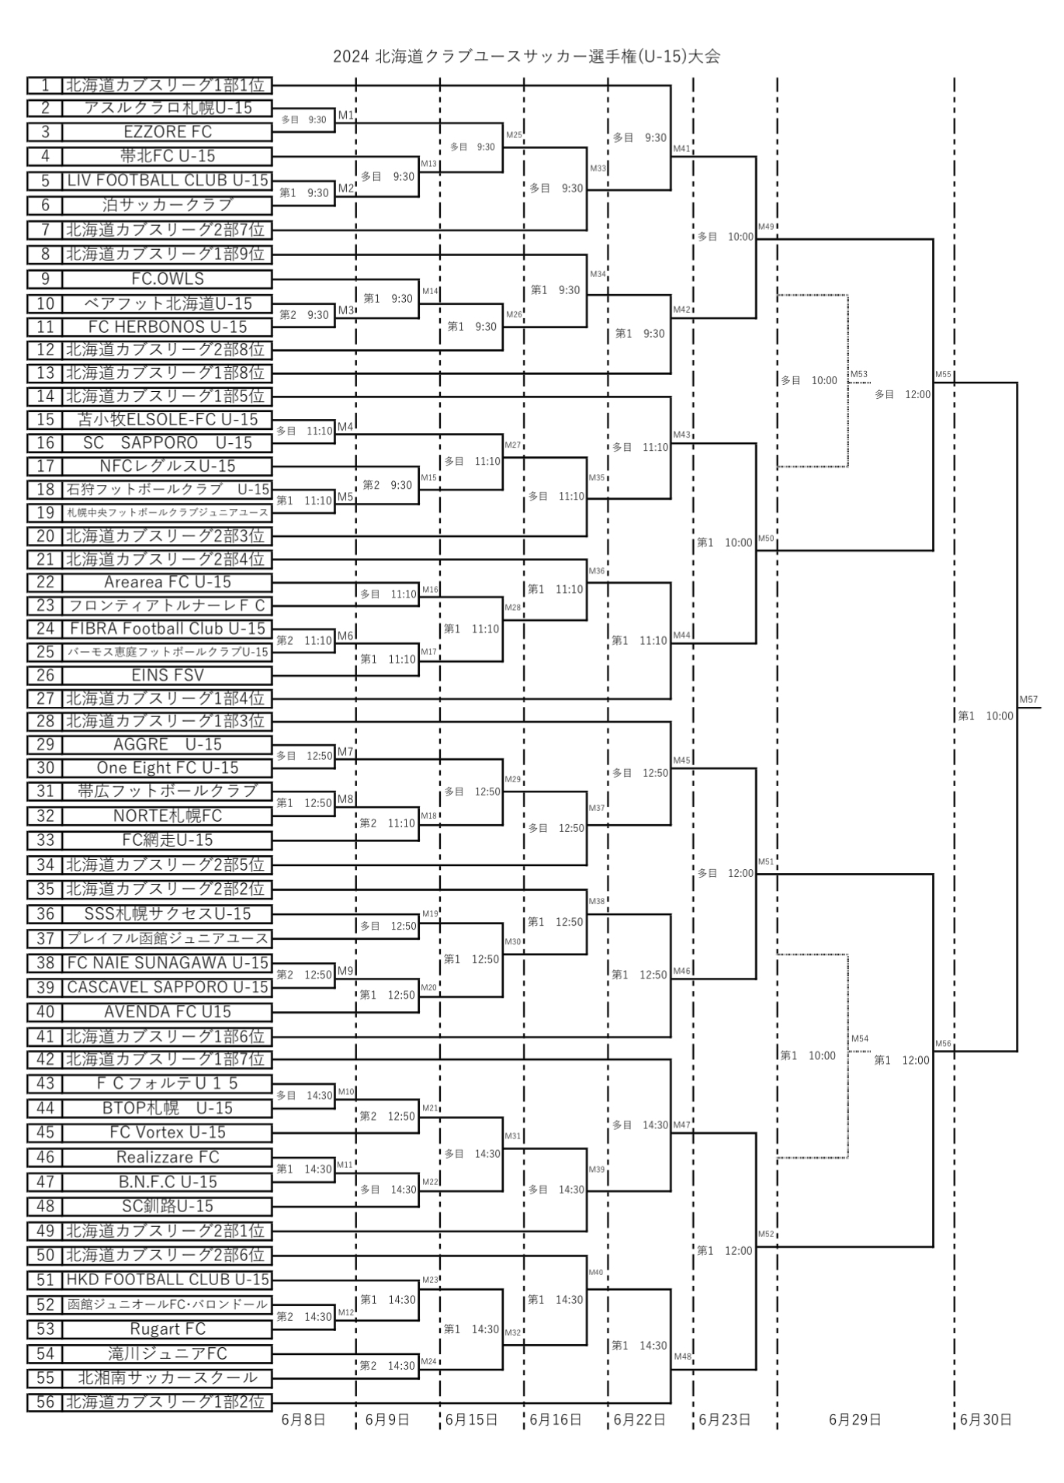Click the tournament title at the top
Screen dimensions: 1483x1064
click(x=526, y=57)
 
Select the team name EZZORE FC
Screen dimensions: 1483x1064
click(x=168, y=131)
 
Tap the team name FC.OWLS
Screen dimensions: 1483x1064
click(x=168, y=279)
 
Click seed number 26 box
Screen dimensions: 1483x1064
click(x=45, y=675)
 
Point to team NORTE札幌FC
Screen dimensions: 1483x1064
click(x=168, y=816)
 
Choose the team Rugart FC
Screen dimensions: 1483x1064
click(x=168, y=1329)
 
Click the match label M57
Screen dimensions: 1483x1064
click(x=1028, y=699)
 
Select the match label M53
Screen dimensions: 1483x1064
click(x=858, y=374)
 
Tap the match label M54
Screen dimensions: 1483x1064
click(x=859, y=1038)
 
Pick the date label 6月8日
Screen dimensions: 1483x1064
click(x=303, y=1419)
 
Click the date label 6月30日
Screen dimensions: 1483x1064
click(x=986, y=1419)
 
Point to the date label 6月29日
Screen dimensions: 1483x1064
click(x=854, y=1419)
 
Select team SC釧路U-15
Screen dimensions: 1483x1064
click(x=168, y=1206)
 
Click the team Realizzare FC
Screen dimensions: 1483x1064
click(x=168, y=1157)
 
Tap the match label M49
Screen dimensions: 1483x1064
click(x=766, y=227)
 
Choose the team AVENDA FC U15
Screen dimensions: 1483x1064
click(x=168, y=1011)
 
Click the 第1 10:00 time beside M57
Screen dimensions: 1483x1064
click(x=986, y=716)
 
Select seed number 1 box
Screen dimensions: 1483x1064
click(x=45, y=85)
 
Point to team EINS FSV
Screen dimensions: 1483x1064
click(x=168, y=675)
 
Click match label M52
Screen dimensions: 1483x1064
click(x=766, y=1234)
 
